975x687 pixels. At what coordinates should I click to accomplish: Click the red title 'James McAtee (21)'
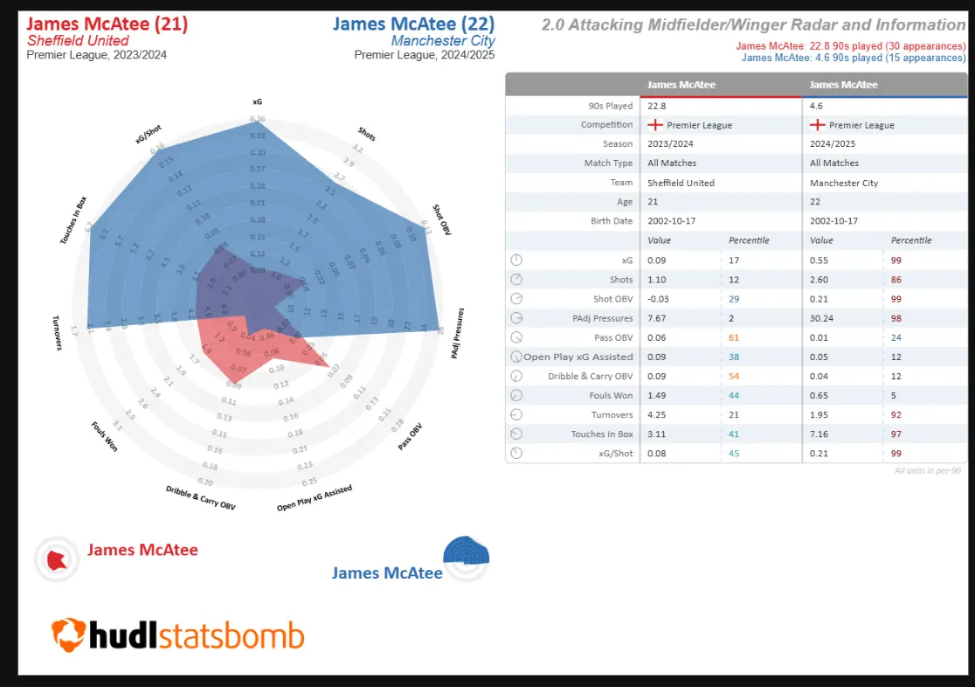(x=107, y=24)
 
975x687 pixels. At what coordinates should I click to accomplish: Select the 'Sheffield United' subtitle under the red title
(x=78, y=41)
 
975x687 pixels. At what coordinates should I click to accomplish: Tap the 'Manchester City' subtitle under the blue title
(x=443, y=41)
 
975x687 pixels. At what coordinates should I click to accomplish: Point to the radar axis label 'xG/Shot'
(x=149, y=133)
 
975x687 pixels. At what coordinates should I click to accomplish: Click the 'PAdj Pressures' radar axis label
(x=458, y=332)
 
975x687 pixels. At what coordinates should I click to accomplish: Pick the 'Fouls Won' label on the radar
(x=104, y=437)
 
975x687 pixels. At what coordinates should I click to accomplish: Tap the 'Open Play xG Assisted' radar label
(x=315, y=499)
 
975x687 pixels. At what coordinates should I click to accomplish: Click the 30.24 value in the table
(x=823, y=317)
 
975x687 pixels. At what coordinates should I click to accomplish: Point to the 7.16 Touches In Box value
(x=820, y=434)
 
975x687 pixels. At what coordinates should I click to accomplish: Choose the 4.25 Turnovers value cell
(x=658, y=414)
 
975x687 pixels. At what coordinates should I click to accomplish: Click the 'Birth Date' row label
(x=612, y=221)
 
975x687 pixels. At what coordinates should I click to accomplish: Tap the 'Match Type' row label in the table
(x=609, y=163)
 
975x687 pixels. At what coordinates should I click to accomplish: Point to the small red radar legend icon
(x=57, y=559)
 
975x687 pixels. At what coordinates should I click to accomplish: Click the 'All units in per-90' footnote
(x=927, y=471)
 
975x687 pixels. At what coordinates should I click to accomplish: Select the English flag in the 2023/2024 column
(x=655, y=125)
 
